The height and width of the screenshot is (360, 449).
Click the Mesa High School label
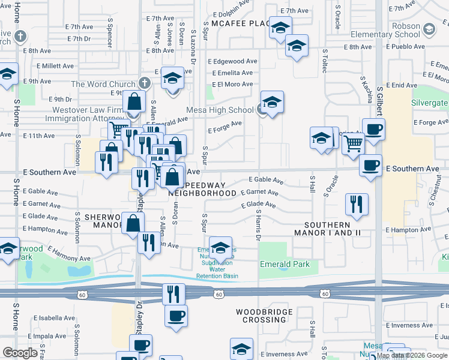(220, 110)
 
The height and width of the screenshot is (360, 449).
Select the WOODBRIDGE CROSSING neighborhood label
(264, 316)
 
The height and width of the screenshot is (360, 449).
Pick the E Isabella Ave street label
(53, 317)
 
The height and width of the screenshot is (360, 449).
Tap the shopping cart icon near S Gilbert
(354, 143)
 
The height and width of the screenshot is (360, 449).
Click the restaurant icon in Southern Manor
(357, 204)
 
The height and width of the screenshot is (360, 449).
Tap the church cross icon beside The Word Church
(144, 83)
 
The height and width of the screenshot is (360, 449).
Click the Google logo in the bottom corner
(20, 353)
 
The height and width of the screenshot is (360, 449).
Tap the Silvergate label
(429, 103)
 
